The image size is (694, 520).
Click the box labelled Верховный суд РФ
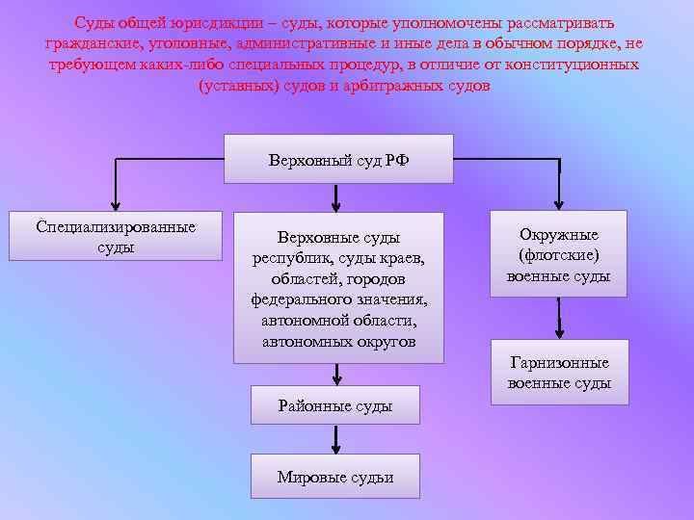coord(338,160)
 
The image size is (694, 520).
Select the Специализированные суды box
coord(116,236)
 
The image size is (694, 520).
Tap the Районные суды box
coord(335,405)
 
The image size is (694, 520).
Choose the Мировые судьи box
coord(335,477)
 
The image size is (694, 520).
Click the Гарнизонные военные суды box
coord(559,373)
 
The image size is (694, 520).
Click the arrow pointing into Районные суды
coord(336,376)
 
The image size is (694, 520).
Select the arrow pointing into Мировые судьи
coord(336,444)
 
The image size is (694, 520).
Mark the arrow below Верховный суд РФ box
coord(336,198)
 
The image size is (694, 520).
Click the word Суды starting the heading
coord(94,22)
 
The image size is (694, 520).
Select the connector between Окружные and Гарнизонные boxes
coord(559,318)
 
